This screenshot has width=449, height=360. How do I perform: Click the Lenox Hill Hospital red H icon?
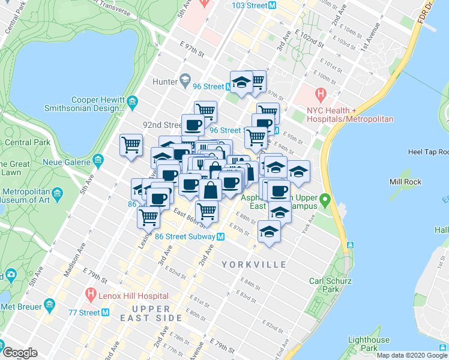click(x=91, y=295)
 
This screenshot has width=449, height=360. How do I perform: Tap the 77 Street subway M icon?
click(x=106, y=312)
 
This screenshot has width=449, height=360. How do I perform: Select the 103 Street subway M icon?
click(x=272, y=5)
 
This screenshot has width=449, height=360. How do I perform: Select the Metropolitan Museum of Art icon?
click(x=58, y=194)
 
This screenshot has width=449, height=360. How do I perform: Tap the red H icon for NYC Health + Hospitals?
click(x=321, y=94)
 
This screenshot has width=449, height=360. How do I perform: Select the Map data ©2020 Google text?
click(x=411, y=355)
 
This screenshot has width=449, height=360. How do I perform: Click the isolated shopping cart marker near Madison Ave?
click(x=131, y=145)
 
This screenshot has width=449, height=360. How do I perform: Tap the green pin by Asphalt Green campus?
click(x=325, y=200)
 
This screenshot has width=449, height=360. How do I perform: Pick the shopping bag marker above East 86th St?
click(x=211, y=191)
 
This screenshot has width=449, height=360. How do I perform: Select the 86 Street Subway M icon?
click(x=220, y=236)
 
